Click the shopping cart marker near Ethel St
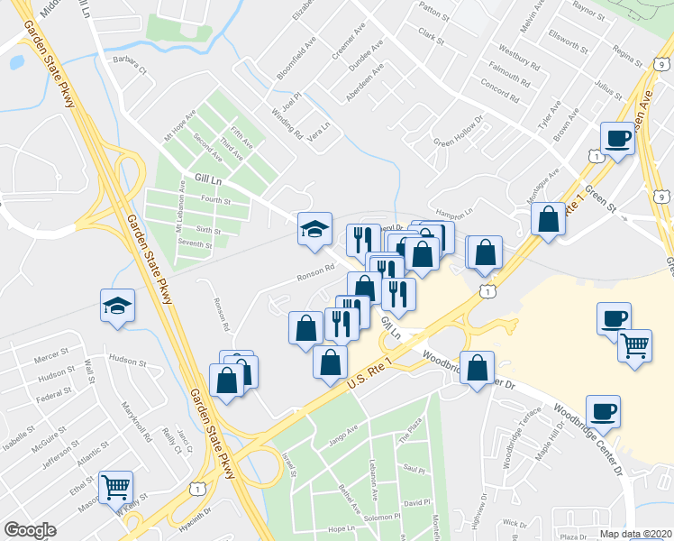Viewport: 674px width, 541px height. pos(116,488)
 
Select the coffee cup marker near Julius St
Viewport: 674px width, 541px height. pos(617,139)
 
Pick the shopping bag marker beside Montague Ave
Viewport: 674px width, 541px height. pos(548,219)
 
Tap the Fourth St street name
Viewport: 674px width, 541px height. pos(216,200)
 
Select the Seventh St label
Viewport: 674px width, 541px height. pos(194,244)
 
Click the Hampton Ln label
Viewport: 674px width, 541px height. pos(455,213)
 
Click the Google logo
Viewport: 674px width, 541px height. pos(30,529)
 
